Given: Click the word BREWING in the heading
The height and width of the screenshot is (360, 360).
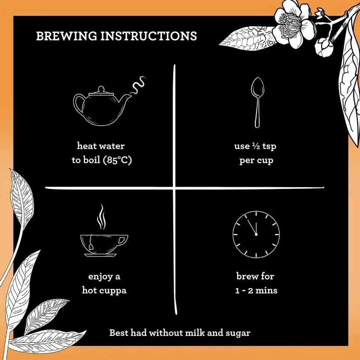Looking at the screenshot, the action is (x=67, y=36).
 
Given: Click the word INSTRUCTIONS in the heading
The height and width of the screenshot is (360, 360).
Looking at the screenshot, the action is (x=149, y=36).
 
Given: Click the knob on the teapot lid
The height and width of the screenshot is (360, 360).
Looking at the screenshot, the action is (x=101, y=89).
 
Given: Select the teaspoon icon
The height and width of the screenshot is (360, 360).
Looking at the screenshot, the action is (x=257, y=102).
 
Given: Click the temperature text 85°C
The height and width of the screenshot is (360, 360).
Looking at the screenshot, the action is (x=117, y=160).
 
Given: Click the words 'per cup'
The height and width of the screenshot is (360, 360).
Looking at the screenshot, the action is (x=256, y=160).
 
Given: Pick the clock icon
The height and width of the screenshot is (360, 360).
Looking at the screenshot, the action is (x=256, y=234).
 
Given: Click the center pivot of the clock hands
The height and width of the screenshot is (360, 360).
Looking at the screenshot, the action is (x=256, y=234).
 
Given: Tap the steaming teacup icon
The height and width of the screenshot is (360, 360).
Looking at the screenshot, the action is (x=104, y=231).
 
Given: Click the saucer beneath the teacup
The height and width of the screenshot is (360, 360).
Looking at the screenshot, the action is (x=100, y=255).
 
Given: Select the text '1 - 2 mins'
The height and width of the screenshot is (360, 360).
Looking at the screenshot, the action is (x=256, y=291).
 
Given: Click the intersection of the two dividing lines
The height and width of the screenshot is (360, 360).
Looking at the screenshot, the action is (x=174, y=188).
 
